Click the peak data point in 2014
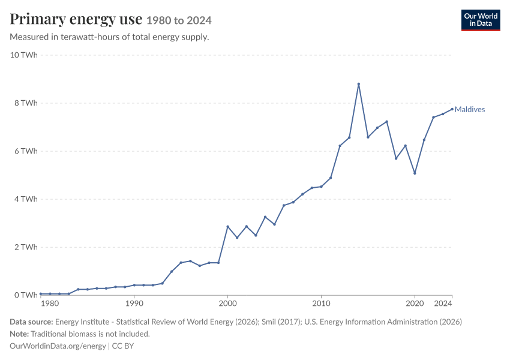[x=358, y=84]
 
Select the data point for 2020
[x=415, y=173]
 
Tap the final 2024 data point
[x=452, y=109]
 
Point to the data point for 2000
[x=227, y=227]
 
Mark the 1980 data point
[x=41, y=293]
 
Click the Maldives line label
[x=470, y=110]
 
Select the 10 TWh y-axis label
[x=24, y=55]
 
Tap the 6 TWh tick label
[x=26, y=151]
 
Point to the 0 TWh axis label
[x=26, y=295]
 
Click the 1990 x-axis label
[x=134, y=304]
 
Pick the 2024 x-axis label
[x=443, y=304]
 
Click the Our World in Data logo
[x=481, y=20]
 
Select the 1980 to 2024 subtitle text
[x=179, y=20]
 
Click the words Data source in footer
[x=31, y=322]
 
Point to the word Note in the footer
[x=19, y=334]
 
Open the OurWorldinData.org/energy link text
[x=58, y=346]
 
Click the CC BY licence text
[x=123, y=346]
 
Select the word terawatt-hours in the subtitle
[x=90, y=37]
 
